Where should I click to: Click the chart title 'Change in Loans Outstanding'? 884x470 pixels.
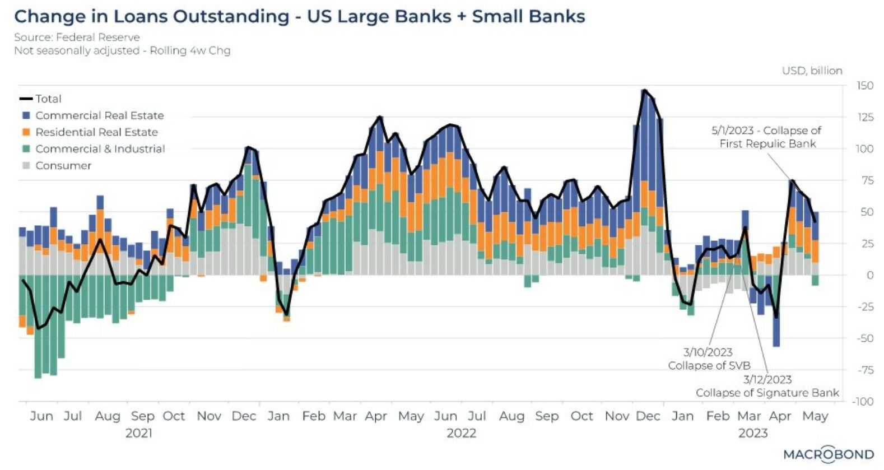[x=151, y=16]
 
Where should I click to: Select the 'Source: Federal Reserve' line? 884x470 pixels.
[x=77, y=37]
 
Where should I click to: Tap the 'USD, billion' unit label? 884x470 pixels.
[x=812, y=71]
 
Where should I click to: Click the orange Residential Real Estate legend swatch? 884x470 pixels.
[x=26, y=132]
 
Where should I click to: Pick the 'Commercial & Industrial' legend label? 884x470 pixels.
[x=100, y=149]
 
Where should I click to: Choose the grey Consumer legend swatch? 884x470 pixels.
[x=26, y=166]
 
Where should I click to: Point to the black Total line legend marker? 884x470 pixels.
[x=26, y=99]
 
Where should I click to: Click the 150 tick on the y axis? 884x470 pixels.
[x=864, y=86]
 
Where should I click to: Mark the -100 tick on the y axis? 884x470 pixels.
[x=863, y=402]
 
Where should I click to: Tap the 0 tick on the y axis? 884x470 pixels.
[x=869, y=275]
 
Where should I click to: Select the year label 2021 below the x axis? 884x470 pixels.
[x=138, y=433]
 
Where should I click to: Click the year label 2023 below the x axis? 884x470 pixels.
[x=752, y=433]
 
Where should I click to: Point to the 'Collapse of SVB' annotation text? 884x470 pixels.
[x=709, y=365]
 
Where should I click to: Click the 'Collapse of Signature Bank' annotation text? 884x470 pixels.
[x=767, y=393]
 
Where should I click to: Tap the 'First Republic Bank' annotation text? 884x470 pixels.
[x=767, y=144]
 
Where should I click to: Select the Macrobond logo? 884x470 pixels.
[x=828, y=454]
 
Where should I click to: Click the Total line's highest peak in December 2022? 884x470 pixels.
[x=645, y=90]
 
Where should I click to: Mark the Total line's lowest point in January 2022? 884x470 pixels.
[x=287, y=315]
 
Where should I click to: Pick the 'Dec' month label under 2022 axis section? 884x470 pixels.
[x=648, y=416]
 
